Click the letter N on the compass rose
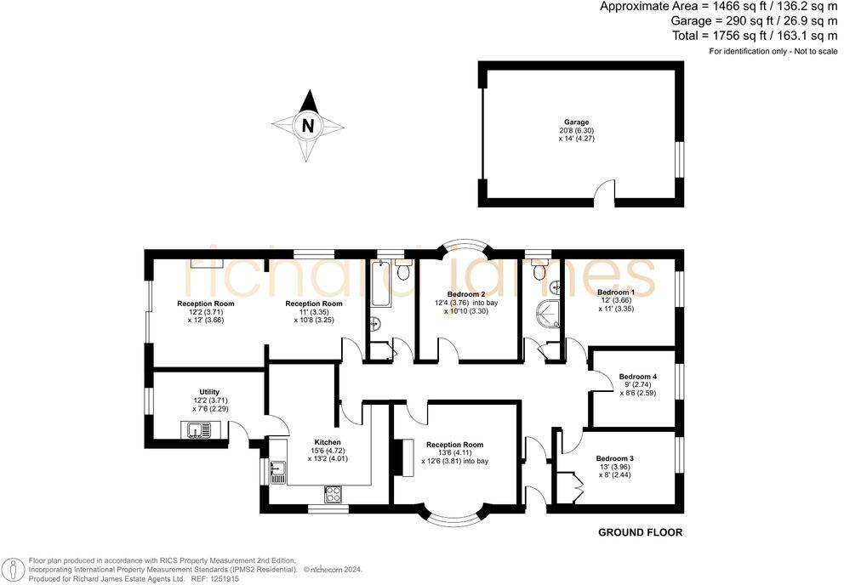tap(308, 126)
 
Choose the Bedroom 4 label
tap(637, 376)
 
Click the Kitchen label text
tap(328, 442)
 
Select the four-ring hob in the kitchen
tap(334, 493)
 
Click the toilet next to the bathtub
tap(403, 271)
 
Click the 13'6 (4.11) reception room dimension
tap(455, 452)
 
